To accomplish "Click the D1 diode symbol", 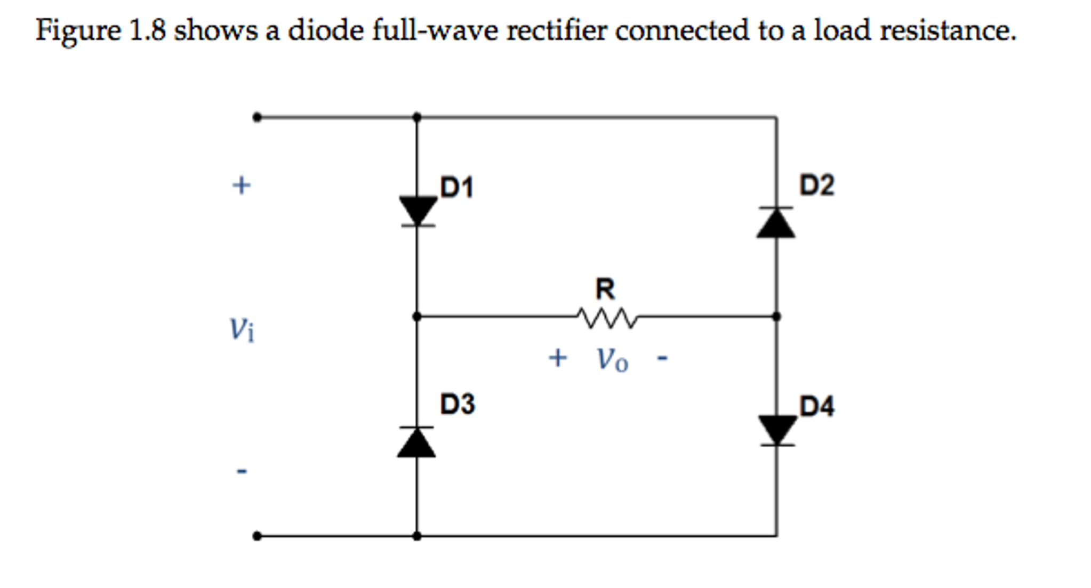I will coord(418,212).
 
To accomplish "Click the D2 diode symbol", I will coord(776,222).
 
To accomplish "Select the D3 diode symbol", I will coord(416,442).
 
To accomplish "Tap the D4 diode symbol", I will coord(777,430).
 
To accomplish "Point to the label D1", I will coord(456,188).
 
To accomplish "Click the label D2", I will coord(816,186).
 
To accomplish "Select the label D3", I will coord(457,404).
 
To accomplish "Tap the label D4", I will coord(816,406).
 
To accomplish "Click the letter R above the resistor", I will coord(605,289).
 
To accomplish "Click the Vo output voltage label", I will coord(612,360).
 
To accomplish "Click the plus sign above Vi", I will coord(241,186).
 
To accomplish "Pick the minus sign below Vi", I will coord(242,471).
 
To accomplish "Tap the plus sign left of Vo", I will coord(558,358).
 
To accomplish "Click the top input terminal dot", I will coord(257,117).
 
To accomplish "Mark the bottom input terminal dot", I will coord(257,536).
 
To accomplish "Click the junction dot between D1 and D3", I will coord(417,317).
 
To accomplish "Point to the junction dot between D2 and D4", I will coord(776,317).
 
